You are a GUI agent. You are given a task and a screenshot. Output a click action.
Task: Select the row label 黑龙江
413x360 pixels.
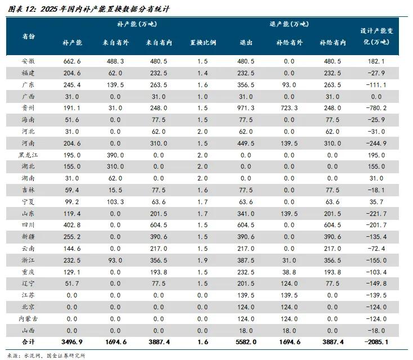point(28,154)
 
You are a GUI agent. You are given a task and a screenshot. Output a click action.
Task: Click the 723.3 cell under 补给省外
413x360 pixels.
point(289,107)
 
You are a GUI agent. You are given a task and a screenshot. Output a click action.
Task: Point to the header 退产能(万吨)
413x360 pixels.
point(289,25)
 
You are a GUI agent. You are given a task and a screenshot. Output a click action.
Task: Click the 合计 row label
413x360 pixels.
point(28,341)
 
